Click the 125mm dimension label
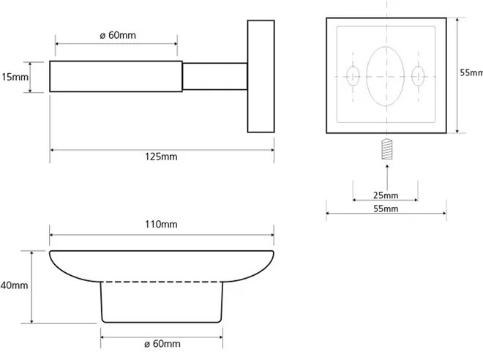tap(161, 157)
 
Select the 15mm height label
tap(15, 77)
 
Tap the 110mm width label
tap(161, 224)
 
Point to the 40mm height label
tap(14, 285)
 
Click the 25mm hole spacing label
tap(386, 195)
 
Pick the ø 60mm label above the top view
tap(118, 35)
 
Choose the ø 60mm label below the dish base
tap(162, 344)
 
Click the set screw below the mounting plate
tap(387, 149)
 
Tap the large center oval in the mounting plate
tap(386, 76)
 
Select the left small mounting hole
tap(353, 76)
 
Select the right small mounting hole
tap(418, 76)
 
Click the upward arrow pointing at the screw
tap(387, 177)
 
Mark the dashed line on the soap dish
tap(162, 282)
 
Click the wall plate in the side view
tap(261, 76)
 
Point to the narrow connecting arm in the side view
tap(214, 76)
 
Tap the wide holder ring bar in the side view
tap(116, 76)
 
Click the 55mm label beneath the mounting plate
tap(386, 209)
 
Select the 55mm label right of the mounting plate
tap(471, 72)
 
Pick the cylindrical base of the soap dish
tap(162, 302)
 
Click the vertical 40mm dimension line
tap(31, 287)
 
